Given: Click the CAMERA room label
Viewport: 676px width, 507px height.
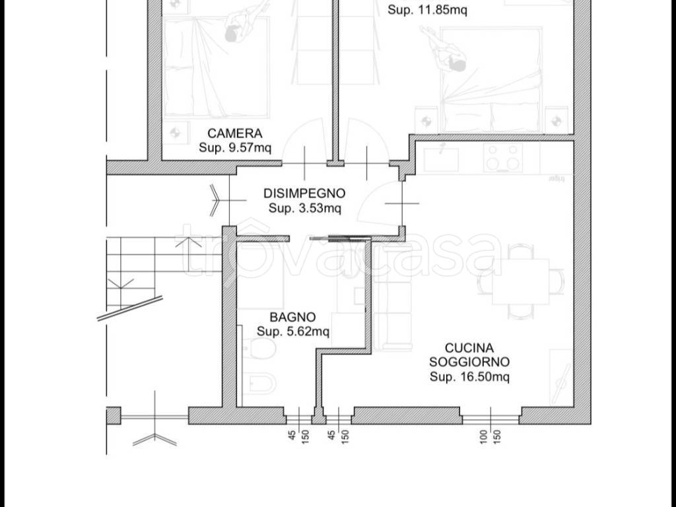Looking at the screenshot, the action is [x=234, y=133].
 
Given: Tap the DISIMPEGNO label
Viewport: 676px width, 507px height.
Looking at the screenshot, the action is [x=304, y=193].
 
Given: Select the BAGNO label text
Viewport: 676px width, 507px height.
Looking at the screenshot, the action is [x=292, y=318].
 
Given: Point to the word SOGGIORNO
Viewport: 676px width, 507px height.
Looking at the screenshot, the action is [x=469, y=362].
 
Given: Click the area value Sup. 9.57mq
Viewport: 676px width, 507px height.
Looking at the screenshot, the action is [x=235, y=148].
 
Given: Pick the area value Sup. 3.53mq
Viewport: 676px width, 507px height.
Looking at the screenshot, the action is [x=305, y=208].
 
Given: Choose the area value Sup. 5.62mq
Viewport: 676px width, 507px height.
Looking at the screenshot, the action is [x=293, y=331].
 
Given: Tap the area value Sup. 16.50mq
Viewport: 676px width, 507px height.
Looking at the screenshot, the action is [x=469, y=377].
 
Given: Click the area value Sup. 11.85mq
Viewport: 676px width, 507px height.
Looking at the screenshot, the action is [x=427, y=10].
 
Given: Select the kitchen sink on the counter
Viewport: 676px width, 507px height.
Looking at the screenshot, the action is [x=441, y=159].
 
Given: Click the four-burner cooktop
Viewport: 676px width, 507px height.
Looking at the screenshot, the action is [x=502, y=157].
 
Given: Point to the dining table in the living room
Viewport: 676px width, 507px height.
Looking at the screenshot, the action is [x=521, y=281].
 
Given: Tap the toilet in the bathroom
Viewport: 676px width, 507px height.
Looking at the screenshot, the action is [x=258, y=349].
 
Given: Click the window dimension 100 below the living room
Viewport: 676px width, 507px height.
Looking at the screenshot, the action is [x=483, y=436].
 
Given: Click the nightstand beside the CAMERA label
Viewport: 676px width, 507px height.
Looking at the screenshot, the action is [x=176, y=133].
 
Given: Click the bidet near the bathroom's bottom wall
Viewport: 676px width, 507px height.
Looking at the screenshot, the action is [x=258, y=383].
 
